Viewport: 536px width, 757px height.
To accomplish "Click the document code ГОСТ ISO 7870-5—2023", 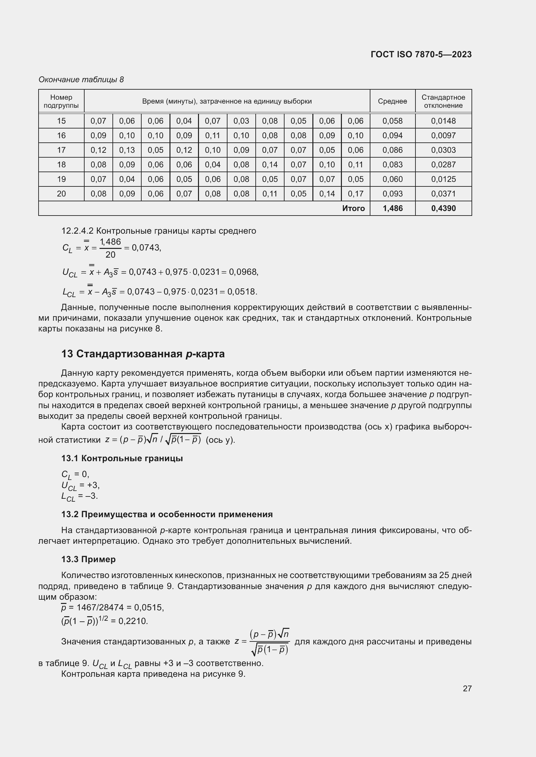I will (x=421, y=54).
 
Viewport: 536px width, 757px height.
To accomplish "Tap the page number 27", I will (x=467, y=688).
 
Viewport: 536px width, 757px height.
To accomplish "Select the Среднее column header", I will (x=392, y=101).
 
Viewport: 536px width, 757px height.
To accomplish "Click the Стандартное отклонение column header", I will (x=443, y=101).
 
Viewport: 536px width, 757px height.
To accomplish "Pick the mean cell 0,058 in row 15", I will (x=392, y=121).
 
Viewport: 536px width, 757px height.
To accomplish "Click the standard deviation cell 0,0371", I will (x=443, y=194).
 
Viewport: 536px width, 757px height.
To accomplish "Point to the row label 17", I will (x=61, y=150).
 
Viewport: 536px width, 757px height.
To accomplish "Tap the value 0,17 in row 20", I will (x=355, y=194).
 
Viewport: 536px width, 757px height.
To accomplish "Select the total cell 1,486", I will (x=392, y=208).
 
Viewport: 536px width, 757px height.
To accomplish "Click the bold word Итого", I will (x=353, y=208).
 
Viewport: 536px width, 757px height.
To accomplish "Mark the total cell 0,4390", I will (x=443, y=208).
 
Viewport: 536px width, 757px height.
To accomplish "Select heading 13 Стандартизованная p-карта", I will (x=143, y=354).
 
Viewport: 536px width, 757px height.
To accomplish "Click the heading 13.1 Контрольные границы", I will (x=122, y=458).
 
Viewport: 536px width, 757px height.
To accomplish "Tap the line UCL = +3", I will (x=80, y=485).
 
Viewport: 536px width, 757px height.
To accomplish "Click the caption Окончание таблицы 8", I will (x=81, y=80).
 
